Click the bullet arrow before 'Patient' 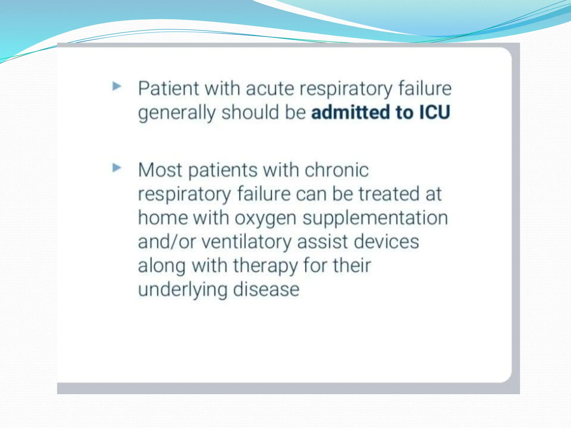(117, 86)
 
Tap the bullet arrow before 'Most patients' (117, 168)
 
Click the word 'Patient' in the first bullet (168, 89)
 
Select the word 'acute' (270, 89)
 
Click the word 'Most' (160, 170)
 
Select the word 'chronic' (337, 170)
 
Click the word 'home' (163, 218)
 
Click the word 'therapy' (265, 266)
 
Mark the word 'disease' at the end (266, 290)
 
